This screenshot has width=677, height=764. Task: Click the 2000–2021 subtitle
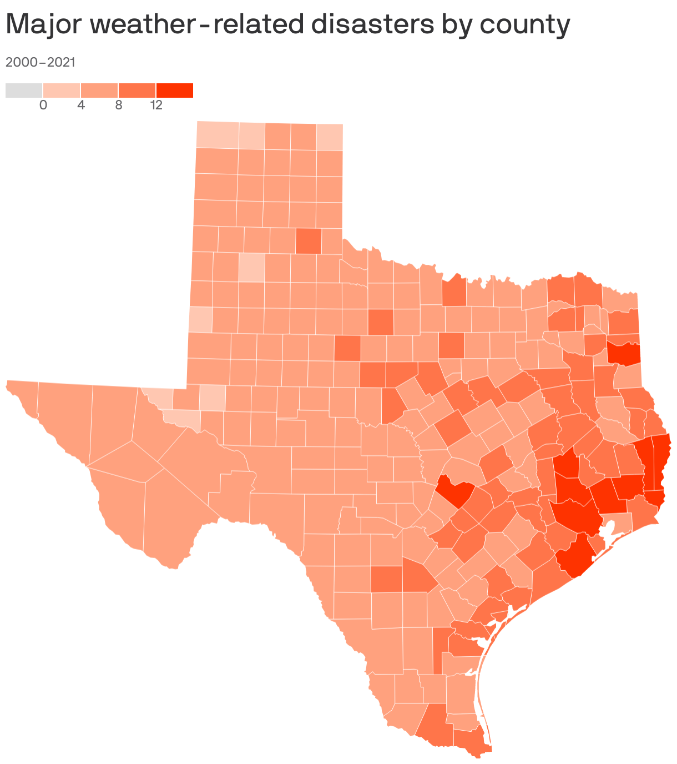tap(40, 62)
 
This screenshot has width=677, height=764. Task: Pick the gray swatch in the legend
tap(24, 90)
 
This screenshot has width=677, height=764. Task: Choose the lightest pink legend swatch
tap(62, 90)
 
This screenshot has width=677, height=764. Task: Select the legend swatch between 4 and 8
tap(99, 90)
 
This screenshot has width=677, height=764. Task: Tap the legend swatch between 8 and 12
tap(137, 90)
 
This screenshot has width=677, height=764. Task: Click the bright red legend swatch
tap(175, 90)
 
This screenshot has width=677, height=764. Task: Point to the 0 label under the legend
tap(43, 105)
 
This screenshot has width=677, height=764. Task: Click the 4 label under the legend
tap(81, 105)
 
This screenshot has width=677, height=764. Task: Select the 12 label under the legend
tap(156, 105)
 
